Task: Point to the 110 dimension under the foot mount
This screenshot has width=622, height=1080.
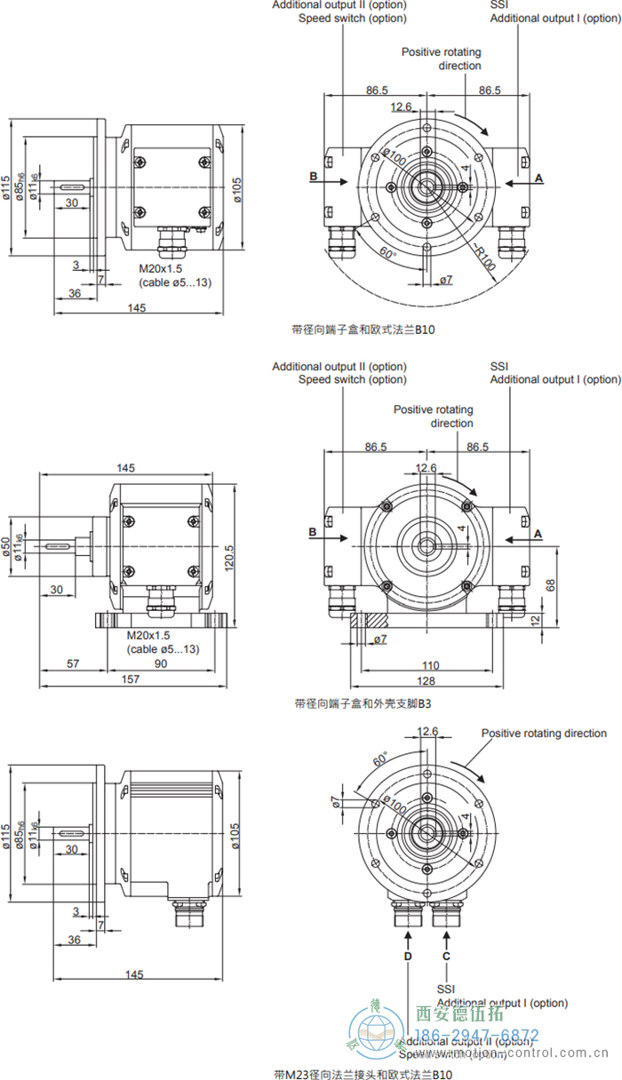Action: pos(430,664)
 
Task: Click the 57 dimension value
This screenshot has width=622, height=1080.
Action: pos(74,663)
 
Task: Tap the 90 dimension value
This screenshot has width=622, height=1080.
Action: pos(161,663)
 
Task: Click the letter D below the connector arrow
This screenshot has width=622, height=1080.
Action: pos(408,957)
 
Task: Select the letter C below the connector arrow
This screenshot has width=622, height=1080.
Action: pos(446,957)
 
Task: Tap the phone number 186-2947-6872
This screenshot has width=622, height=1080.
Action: pos(476,1035)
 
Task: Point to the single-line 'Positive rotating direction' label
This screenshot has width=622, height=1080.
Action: pos(544,733)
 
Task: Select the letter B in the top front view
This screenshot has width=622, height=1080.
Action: pos(314,177)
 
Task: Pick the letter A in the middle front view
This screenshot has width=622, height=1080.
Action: pos(538,534)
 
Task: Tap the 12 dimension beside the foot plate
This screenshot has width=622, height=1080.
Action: pos(535,619)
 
